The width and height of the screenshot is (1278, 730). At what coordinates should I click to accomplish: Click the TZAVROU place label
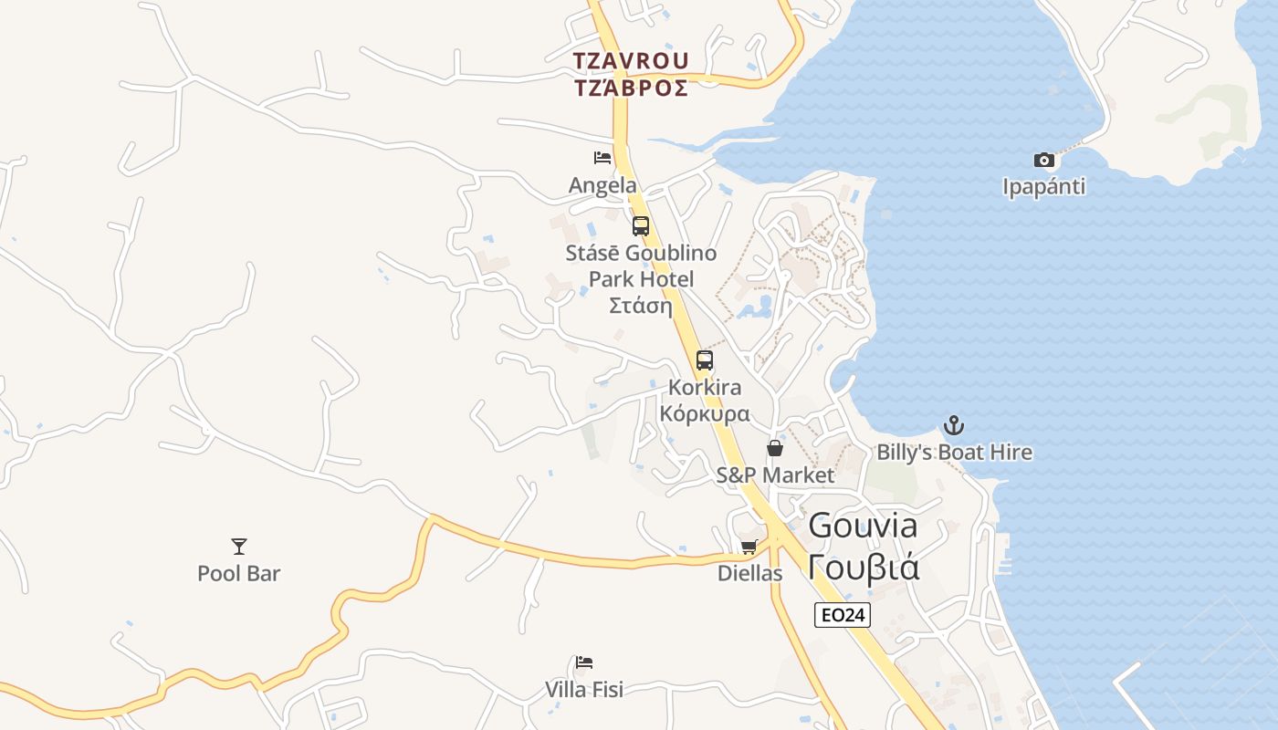(x=631, y=61)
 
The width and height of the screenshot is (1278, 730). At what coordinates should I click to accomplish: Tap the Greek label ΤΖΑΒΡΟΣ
(x=631, y=88)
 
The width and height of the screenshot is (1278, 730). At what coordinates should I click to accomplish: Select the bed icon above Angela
(x=602, y=158)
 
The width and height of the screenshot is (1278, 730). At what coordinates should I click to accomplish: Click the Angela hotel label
(x=602, y=185)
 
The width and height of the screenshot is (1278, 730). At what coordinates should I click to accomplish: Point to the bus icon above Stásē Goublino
(x=641, y=225)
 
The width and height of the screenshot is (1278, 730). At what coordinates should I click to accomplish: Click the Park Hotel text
(x=641, y=278)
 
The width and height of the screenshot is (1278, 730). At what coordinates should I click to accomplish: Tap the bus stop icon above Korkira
(x=705, y=360)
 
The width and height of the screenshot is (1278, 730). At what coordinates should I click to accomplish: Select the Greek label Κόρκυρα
(x=705, y=413)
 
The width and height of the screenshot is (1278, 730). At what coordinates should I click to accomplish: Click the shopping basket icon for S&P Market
(x=775, y=448)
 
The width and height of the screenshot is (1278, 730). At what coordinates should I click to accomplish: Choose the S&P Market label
(x=775, y=475)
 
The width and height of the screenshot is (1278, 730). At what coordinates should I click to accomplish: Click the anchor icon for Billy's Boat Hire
(x=954, y=425)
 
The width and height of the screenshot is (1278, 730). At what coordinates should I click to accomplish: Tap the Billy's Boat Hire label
(x=954, y=453)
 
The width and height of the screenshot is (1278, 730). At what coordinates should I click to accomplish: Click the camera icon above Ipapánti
(x=1044, y=161)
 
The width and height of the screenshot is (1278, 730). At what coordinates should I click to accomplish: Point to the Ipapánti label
(x=1044, y=187)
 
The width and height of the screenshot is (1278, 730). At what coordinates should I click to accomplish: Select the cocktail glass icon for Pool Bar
(x=239, y=547)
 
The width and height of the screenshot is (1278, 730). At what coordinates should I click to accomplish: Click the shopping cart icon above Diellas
(x=749, y=547)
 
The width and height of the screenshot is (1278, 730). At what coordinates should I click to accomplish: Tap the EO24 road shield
(x=842, y=615)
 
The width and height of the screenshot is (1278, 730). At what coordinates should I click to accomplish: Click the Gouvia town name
(x=863, y=526)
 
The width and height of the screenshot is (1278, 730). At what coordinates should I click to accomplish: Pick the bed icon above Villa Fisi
(x=584, y=662)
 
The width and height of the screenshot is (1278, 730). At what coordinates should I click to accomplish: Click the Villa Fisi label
(x=584, y=689)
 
